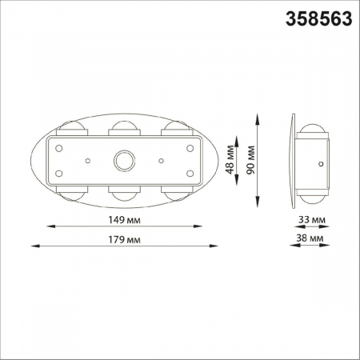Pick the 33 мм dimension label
coord(312,219)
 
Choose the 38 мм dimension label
coord(312,239)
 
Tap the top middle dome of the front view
coord(123,127)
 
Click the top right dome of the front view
coord(175,128)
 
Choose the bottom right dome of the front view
coord(175,194)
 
